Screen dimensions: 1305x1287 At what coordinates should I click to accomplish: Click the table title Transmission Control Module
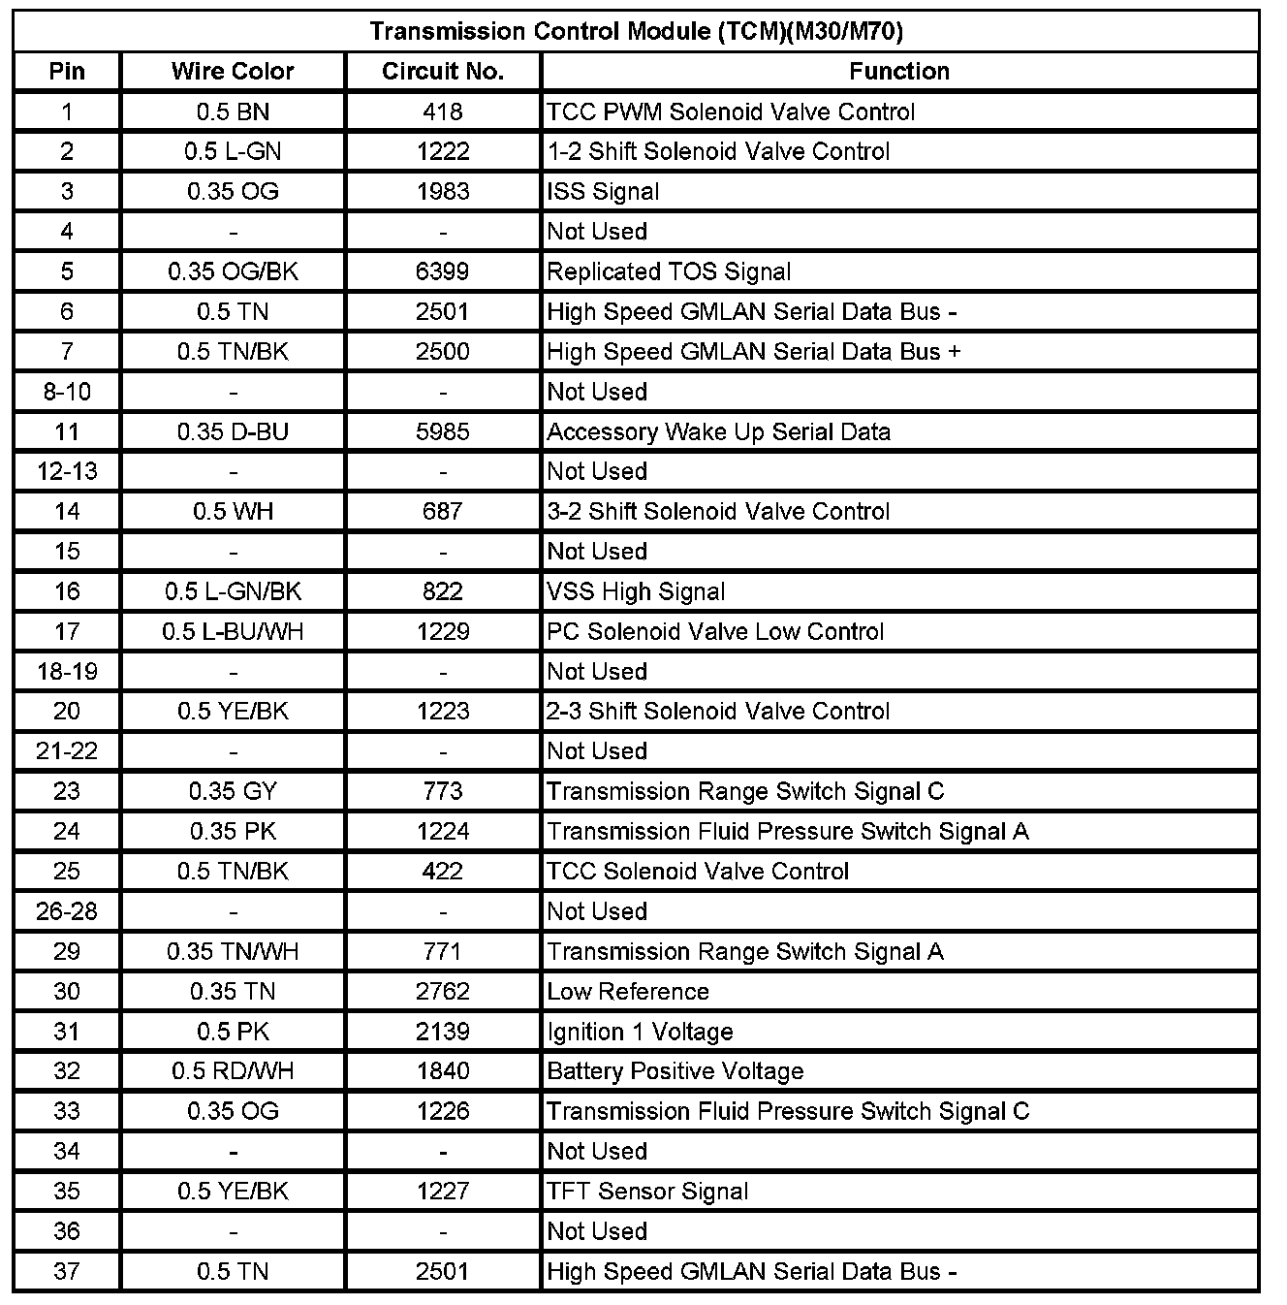pos(636,31)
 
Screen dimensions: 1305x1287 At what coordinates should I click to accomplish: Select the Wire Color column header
pos(233,71)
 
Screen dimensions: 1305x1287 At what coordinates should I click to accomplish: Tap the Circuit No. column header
pos(443,71)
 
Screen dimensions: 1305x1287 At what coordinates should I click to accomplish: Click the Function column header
pos(899,71)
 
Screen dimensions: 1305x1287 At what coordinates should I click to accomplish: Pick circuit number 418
pos(443,111)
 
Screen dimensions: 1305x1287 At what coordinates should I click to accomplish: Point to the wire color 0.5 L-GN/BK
pos(233,591)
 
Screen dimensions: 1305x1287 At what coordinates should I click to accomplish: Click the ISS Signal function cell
pos(603,191)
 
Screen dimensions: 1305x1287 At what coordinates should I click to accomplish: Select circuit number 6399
pos(443,271)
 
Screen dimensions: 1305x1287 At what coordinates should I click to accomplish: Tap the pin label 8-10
pos(67,392)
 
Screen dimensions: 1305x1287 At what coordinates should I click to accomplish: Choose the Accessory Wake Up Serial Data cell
pos(718,431)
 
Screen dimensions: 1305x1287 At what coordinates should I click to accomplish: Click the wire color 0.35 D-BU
pos(233,431)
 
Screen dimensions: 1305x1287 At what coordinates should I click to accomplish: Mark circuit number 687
pos(443,511)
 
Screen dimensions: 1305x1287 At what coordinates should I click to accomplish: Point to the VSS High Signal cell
pos(636,591)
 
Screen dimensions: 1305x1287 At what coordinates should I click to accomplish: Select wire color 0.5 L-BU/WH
pos(233,631)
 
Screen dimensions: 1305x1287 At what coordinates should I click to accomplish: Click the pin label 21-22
pos(67,750)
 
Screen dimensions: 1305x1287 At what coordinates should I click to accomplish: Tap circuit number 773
pos(443,791)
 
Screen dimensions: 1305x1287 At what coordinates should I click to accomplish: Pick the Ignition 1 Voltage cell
pos(640,1032)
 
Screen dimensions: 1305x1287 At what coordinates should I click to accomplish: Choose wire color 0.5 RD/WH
pos(233,1071)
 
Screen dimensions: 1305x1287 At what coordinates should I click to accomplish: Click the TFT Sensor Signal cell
pos(647,1192)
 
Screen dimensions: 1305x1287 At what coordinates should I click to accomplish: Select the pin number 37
pos(67,1271)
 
